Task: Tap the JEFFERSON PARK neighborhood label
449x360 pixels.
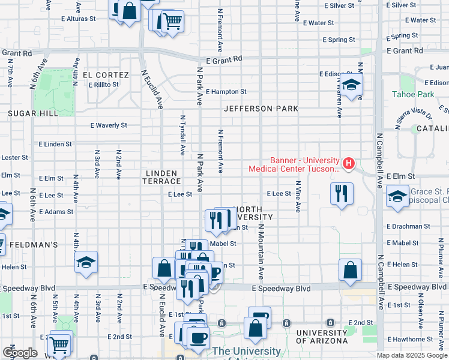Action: click(x=261, y=109)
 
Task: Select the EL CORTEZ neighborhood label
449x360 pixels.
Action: click(x=106, y=75)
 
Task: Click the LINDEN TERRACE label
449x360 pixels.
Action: click(x=162, y=177)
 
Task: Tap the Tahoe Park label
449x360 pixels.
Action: click(x=413, y=95)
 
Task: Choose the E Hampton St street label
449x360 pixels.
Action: click(x=226, y=92)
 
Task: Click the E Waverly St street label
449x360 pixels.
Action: click(x=109, y=126)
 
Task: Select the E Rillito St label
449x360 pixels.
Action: click(x=104, y=85)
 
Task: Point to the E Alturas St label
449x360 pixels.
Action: click(x=78, y=19)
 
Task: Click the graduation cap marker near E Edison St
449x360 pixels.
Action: click(x=352, y=85)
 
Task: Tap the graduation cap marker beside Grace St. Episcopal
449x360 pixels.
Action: click(x=397, y=197)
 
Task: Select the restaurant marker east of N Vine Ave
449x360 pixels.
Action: click(x=341, y=194)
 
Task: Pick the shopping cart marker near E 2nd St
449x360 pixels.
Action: click(x=59, y=344)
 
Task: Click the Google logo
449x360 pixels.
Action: click(x=20, y=353)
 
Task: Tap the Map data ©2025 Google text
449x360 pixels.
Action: click(x=412, y=355)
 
